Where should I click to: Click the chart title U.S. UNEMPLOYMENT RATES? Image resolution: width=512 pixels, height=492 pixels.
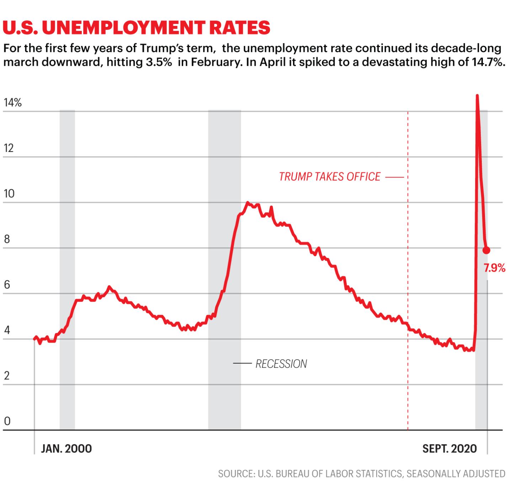click(136, 28)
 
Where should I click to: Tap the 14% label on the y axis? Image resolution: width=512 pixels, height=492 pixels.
click(13, 103)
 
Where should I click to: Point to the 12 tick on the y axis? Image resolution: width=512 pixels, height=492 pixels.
click(9, 148)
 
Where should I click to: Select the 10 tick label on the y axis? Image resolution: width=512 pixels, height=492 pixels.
click(9, 194)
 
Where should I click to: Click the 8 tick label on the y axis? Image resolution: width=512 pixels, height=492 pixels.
click(7, 239)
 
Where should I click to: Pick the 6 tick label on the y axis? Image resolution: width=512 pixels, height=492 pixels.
click(7, 285)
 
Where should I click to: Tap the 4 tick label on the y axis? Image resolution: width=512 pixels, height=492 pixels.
click(7, 330)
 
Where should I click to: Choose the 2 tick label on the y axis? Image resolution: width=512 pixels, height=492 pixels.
click(7, 376)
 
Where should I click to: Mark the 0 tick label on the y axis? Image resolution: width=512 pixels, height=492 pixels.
click(7, 422)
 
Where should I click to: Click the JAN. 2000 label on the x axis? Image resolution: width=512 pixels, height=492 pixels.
click(66, 449)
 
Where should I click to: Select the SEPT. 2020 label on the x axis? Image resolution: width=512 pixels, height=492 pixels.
click(450, 449)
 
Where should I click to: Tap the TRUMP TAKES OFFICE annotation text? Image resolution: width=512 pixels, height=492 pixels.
click(330, 177)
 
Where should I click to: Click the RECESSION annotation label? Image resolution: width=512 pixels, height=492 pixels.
click(281, 364)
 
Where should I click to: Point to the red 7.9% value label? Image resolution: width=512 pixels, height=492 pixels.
click(495, 268)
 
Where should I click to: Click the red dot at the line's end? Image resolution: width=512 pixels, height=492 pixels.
click(486, 250)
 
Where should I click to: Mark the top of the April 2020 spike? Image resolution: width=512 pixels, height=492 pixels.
click(477, 95)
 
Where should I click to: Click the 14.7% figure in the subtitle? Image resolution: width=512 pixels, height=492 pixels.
click(487, 62)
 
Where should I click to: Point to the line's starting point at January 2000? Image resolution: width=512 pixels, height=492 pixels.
click(35, 339)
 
